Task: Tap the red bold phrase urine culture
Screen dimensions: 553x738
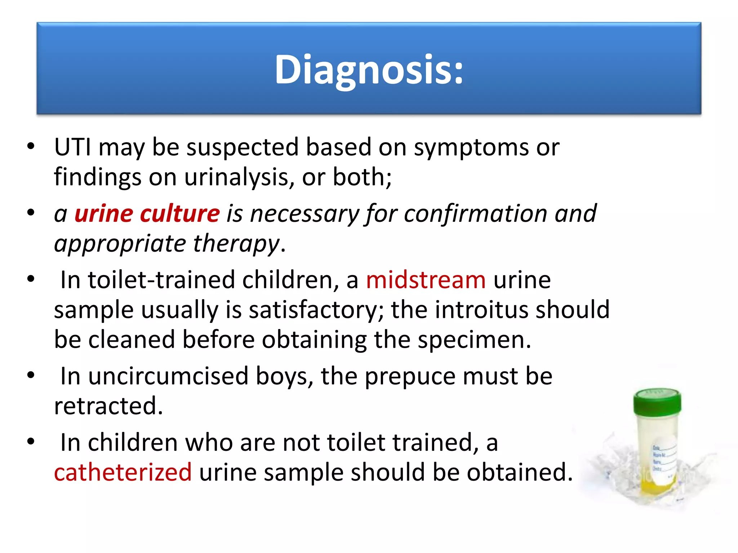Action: (x=147, y=213)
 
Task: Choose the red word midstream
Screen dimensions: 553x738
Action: (x=426, y=280)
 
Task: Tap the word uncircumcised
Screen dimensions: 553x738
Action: (x=168, y=376)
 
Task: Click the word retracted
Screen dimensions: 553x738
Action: (x=108, y=406)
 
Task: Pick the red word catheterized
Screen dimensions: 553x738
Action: (x=123, y=472)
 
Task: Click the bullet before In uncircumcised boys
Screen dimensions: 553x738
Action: (x=31, y=375)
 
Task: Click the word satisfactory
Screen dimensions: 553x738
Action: (x=312, y=310)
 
